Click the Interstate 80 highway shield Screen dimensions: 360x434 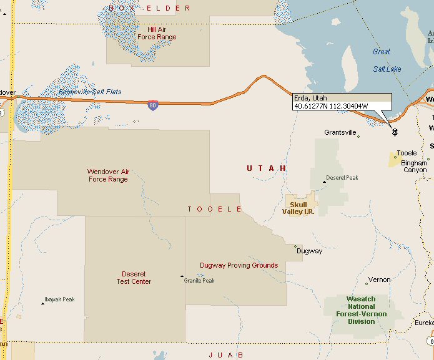pos(153,105)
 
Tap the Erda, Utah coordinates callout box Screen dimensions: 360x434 pos(342,102)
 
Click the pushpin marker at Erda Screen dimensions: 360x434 pos(394,131)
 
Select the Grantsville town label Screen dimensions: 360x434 pos(340,132)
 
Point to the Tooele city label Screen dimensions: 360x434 pos(407,153)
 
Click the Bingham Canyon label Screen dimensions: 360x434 pos(415,167)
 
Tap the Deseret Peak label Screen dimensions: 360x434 pos(342,178)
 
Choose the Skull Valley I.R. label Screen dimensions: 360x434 pos(298,207)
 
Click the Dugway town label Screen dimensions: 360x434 pos(310,251)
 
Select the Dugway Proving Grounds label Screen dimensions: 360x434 pos(239,265)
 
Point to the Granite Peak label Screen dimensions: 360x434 pos(199,281)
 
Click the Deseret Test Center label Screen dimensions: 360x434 pos(134,278)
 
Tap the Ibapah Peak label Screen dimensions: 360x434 pos(61,299)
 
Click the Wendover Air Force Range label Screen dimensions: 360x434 pos(107,175)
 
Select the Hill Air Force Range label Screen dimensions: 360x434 pos(157,33)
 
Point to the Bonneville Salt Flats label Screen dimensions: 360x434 pos(90,92)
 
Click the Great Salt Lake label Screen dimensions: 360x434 pos(387,60)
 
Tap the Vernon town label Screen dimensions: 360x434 pos(379,280)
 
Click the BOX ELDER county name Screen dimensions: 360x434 pos(149,8)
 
